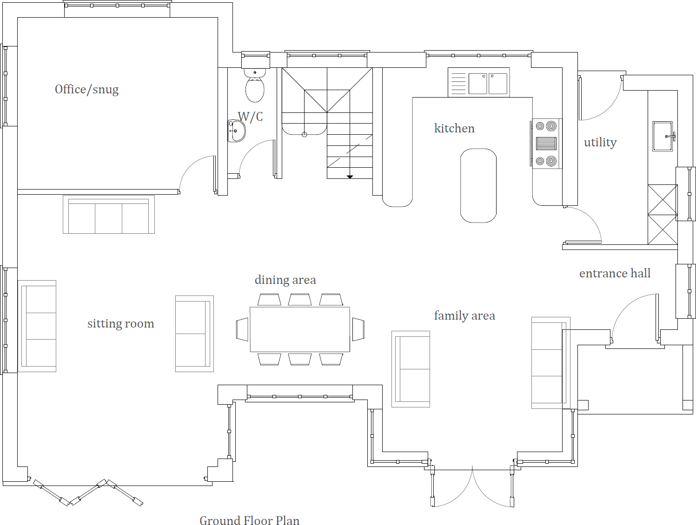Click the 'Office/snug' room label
[x=86, y=89]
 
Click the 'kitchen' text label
[x=454, y=128]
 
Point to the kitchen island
[x=478, y=185]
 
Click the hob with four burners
[x=546, y=144]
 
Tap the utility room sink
[x=663, y=137]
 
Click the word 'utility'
[x=600, y=142]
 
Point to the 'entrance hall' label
[x=615, y=274]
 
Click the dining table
[x=300, y=329]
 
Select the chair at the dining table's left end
[x=242, y=329]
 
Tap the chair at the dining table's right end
[x=358, y=329]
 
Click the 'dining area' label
[x=285, y=280]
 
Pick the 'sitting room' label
[x=120, y=324]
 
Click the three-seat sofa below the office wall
[x=109, y=215]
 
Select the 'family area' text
[x=464, y=316]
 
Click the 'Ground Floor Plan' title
[x=249, y=521]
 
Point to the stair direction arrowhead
[x=350, y=177]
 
